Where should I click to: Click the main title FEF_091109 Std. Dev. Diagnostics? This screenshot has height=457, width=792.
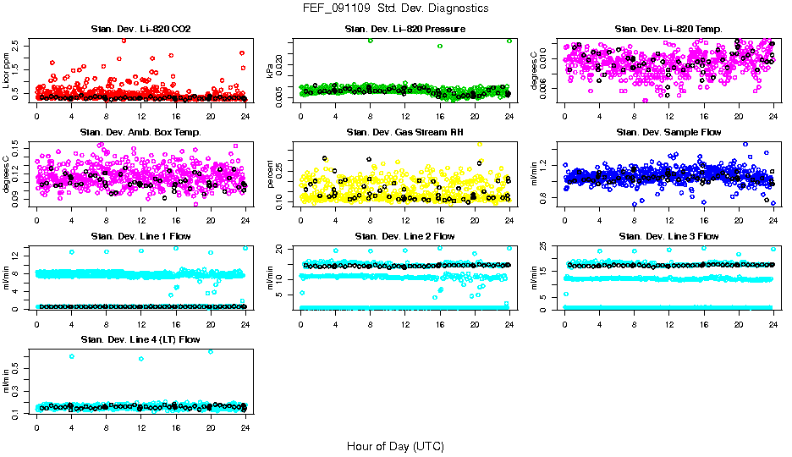[x=395, y=8]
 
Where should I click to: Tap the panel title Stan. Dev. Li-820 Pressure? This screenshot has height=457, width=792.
[x=404, y=30]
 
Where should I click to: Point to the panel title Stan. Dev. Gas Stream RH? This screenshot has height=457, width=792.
[x=404, y=132]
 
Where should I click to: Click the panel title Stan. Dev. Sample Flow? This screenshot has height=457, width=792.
[x=668, y=132]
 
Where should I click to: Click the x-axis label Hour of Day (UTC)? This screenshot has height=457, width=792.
[x=395, y=445]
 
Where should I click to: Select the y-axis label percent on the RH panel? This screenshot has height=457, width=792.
[x=271, y=173]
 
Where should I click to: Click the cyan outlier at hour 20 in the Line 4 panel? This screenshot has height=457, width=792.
[x=210, y=351]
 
